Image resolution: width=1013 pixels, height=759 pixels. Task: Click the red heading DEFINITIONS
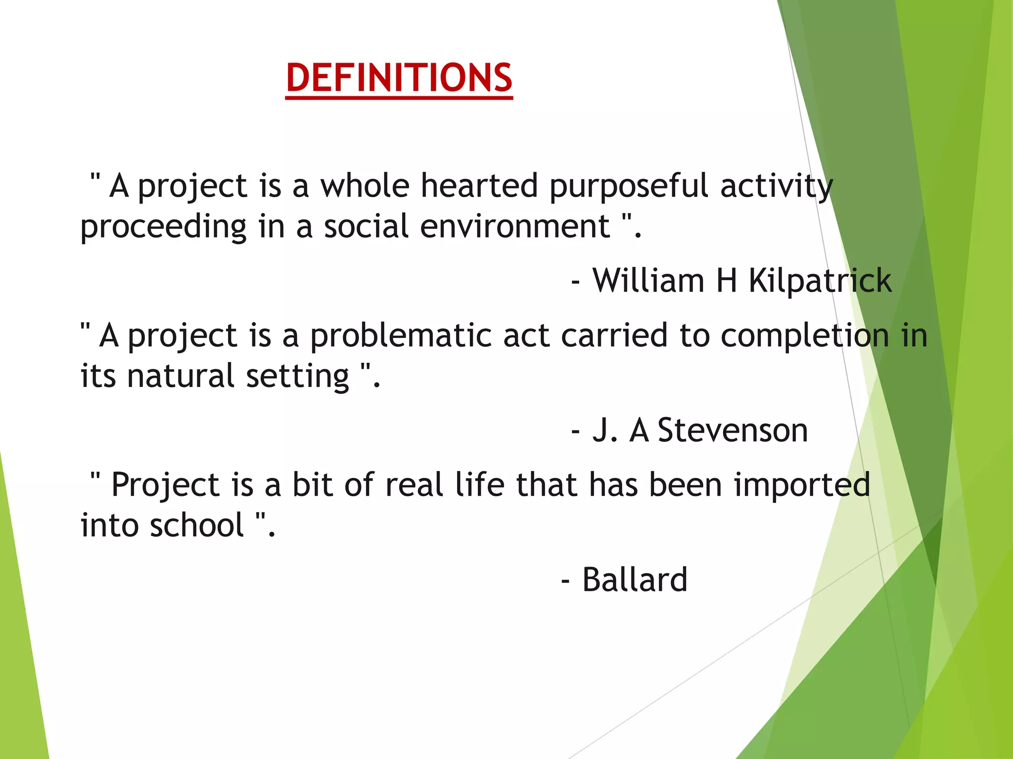399,78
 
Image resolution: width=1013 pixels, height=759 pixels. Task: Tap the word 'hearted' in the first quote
479,186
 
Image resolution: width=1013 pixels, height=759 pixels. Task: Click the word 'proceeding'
163,228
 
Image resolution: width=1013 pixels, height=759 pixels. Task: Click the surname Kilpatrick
820,281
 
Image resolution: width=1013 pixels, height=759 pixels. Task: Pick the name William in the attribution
648,281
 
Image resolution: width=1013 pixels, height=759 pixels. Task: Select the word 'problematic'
400,337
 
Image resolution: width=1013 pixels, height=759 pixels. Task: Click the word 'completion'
805,337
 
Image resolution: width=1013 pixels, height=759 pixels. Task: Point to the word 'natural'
181,376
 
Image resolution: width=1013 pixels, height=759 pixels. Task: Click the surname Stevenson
733,430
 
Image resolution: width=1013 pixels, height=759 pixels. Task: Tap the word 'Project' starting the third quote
165,486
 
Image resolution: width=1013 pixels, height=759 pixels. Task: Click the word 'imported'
802,486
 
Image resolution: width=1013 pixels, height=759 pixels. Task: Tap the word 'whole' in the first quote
365,186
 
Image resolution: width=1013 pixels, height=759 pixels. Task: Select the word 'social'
366,227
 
